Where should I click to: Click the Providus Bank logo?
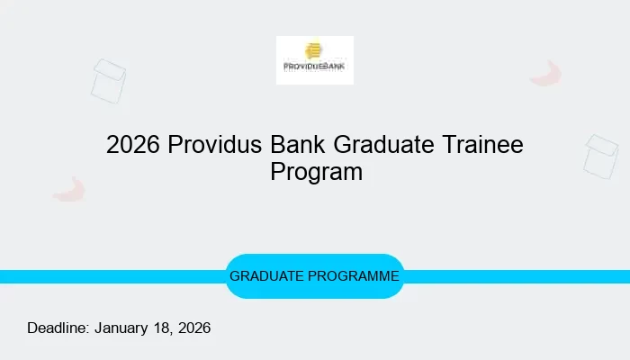(315, 60)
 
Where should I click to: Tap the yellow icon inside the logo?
(314, 51)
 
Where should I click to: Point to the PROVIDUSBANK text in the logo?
(315, 67)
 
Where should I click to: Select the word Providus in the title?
(215, 145)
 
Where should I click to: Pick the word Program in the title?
(316, 171)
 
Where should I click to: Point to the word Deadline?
(58, 328)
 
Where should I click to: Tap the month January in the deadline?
(121, 328)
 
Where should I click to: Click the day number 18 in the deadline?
(163, 328)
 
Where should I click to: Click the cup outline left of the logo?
(109, 81)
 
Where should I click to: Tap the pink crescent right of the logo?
(546, 74)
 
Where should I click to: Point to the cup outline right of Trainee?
(600, 156)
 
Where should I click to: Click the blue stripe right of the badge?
(517, 276)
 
